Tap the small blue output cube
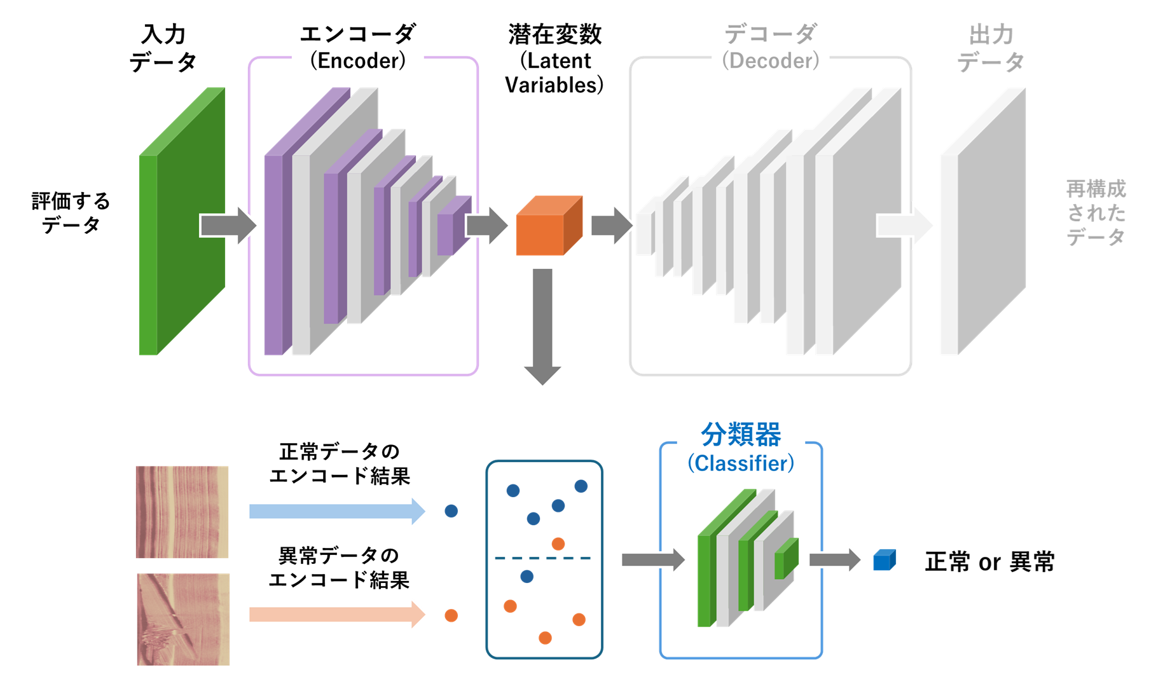point(884,560)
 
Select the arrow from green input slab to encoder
point(228,225)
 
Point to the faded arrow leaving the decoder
point(904,225)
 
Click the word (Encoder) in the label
point(358,61)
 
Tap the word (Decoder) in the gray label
point(771,61)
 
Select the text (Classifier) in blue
point(741,463)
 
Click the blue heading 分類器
point(741,435)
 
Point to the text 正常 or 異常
point(989,562)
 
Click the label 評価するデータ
point(71,213)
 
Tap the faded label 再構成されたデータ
point(1096,213)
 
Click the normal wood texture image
point(182,512)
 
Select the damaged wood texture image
point(183,619)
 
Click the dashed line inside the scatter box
point(544,558)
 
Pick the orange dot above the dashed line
point(558,544)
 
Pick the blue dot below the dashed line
point(526,577)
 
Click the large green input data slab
point(181,222)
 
